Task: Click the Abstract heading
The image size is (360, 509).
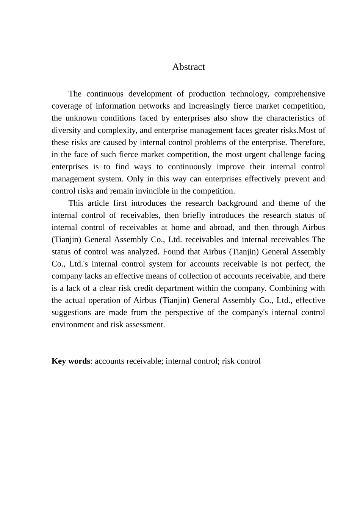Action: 188,67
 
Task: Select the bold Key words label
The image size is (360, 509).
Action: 71,361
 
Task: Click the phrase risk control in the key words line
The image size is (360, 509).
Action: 241,361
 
